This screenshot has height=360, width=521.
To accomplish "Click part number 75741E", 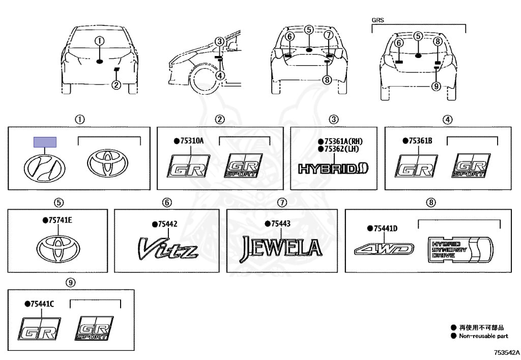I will pyautogui.click(x=60, y=220).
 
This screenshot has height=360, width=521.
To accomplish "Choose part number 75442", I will pyautogui.click(x=167, y=224).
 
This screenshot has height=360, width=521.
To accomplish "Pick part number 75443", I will pyautogui.click(x=280, y=224).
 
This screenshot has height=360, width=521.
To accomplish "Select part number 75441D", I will pyautogui.click(x=385, y=228).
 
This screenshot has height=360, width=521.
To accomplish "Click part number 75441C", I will pyautogui.click(x=42, y=304).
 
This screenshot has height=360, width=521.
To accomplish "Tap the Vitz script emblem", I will pyautogui.click(x=168, y=248).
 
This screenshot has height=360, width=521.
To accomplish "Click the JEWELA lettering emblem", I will pyautogui.click(x=281, y=248).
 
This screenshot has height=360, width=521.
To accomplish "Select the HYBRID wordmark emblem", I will pyautogui.click(x=333, y=169).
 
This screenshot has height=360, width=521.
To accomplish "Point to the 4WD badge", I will pyautogui.click(x=384, y=250).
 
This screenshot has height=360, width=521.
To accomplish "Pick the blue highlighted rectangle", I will pyautogui.click(x=45, y=142).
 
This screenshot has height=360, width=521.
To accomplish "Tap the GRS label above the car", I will pyautogui.click(x=378, y=20).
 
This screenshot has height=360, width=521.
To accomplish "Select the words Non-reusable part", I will pyautogui.click(x=483, y=336).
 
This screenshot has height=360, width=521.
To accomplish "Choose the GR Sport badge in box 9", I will pyautogui.click(x=94, y=328).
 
